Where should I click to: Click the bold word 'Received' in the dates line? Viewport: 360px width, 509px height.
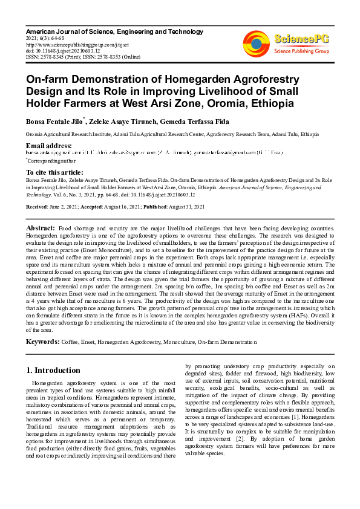[x=38, y=206]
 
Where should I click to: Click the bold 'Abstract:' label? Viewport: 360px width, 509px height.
[x=41, y=228]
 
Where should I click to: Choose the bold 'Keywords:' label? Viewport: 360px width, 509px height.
[x=42, y=342]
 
